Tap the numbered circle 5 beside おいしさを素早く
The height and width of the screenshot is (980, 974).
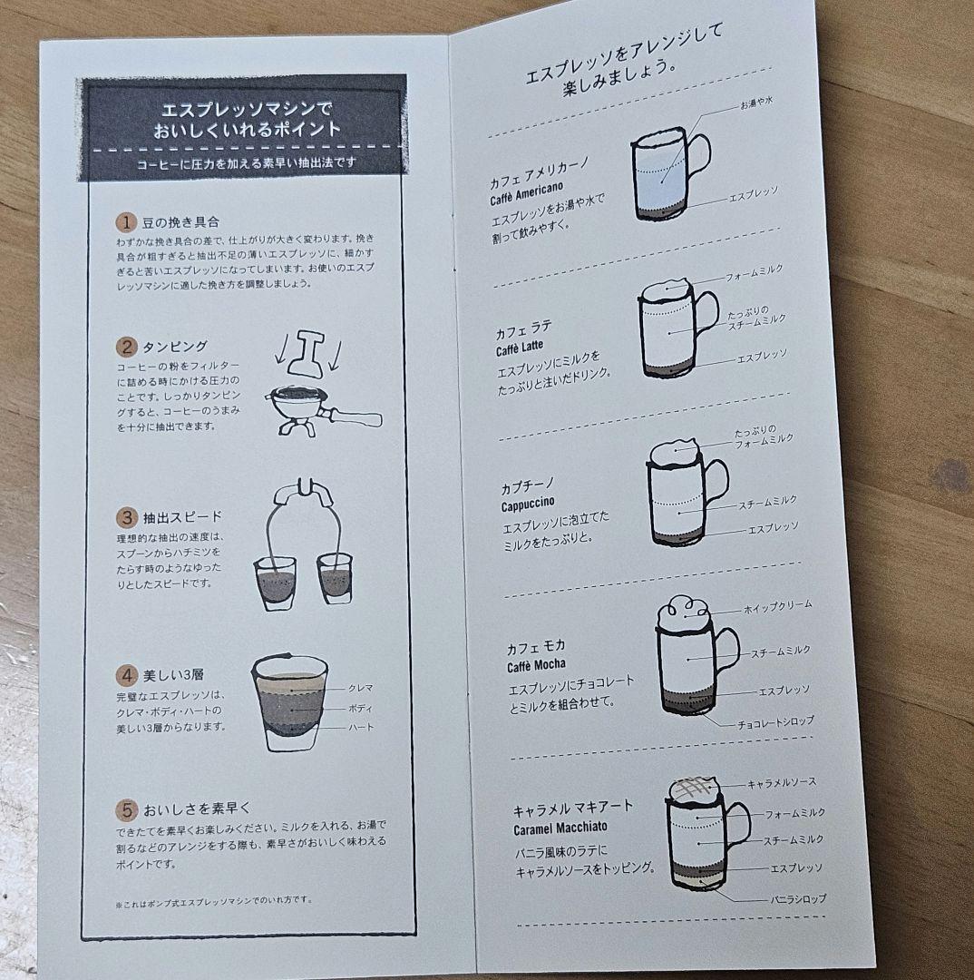(125, 808)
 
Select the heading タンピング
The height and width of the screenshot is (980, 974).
(175, 347)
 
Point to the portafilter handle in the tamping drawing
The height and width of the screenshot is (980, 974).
(353, 418)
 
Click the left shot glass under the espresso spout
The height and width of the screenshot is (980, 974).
(274, 582)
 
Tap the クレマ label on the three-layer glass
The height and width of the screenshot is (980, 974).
(360, 688)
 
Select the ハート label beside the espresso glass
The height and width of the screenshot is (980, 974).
(360, 727)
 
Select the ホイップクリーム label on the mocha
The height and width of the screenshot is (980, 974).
(777, 604)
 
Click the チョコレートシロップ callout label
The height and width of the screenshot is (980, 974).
(775, 720)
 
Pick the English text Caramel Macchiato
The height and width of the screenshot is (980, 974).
(560, 828)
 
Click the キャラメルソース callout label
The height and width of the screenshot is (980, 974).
(782, 782)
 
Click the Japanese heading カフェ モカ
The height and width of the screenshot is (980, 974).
(536, 646)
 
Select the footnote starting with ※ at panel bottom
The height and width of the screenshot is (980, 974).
(213, 900)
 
